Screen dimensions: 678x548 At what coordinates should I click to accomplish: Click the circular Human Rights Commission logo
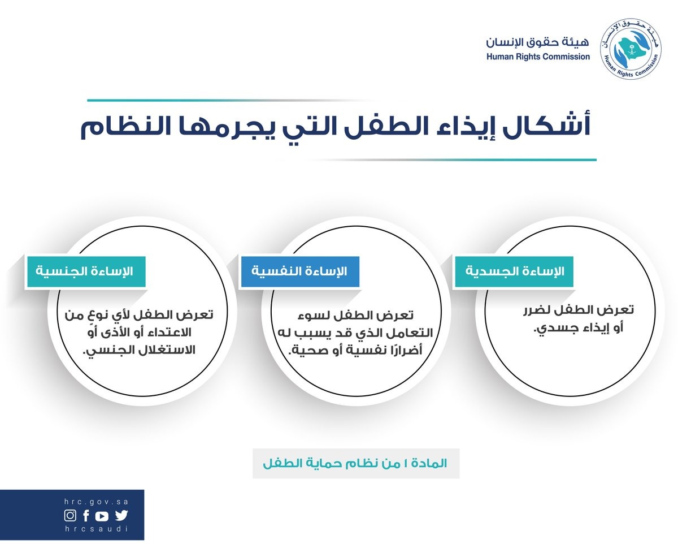click(x=631, y=49)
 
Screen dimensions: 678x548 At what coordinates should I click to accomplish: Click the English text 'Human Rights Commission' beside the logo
click(x=538, y=57)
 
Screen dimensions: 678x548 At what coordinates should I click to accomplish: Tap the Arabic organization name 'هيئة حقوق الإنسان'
click(x=537, y=42)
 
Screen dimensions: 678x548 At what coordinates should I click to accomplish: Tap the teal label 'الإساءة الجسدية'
click(x=514, y=271)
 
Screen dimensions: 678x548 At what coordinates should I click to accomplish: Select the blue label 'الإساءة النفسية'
click(x=299, y=271)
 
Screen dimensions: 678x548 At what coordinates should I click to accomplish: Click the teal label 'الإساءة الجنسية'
click(x=85, y=271)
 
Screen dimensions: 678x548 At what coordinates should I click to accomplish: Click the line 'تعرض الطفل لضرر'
click(x=579, y=310)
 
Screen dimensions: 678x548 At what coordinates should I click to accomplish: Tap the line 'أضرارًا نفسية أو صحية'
click(x=355, y=351)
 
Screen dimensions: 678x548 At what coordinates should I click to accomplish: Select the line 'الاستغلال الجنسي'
click(x=140, y=351)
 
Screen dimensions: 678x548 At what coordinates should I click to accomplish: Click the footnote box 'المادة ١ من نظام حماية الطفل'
click(x=356, y=463)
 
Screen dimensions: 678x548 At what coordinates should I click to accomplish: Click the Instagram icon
click(x=70, y=516)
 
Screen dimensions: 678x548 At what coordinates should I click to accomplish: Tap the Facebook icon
click(x=86, y=516)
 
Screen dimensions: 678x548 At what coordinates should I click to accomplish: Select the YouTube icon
click(x=102, y=516)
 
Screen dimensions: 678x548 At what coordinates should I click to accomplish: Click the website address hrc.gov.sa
click(x=96, y=502)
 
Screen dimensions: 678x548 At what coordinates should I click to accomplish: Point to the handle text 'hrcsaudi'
click(x=96, y=529)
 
